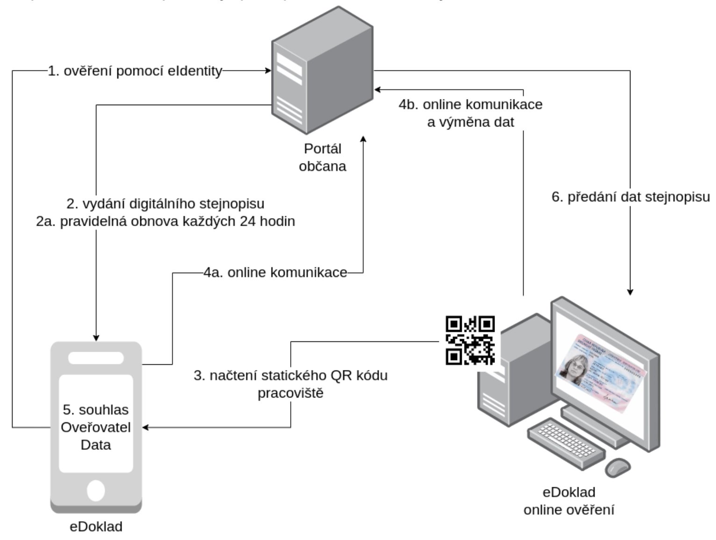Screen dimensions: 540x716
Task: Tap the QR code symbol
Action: click(x=470, y=341)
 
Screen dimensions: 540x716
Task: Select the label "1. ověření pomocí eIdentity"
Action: click(x=135, y=71)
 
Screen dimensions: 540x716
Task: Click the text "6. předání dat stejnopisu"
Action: click(x=630, y=197)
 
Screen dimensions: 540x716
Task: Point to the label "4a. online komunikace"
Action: click(x=275, y=273)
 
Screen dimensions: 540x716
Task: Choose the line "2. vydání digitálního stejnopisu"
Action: click(x=165, y=204)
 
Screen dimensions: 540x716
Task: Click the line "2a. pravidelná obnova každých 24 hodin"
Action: click(x=165, y=221)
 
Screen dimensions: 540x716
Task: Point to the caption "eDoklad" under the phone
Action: click(x=96, y=527)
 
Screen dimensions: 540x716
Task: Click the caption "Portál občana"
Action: click(x=322, y=157)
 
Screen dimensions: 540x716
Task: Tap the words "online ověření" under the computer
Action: click(x=569, y=510)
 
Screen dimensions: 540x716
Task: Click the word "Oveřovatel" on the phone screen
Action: click(x=96, y=427)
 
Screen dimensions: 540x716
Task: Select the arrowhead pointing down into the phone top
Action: click(x=96, y=337)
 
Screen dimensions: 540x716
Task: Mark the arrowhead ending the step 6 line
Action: click(x=630, y=292)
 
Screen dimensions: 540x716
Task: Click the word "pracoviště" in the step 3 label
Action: click(x=290, y=393)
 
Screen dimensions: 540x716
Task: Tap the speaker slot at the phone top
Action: click(x=96, y=358)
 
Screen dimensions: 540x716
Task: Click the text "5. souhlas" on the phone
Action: click(x=96, y=410)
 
